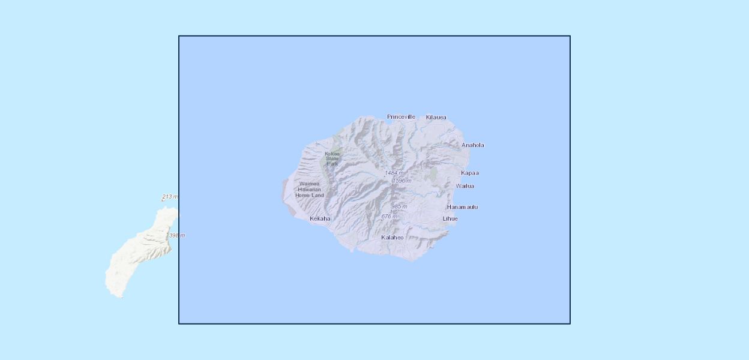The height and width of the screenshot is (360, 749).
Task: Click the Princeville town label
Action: [x=401, y=117]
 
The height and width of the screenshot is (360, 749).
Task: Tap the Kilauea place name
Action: [x=436, y=118]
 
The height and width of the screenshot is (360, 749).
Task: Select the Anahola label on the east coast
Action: [x=472, y=145]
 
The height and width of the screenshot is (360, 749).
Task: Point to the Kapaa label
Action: [x=469, y=173]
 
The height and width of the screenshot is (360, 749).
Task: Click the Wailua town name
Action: [x=465, y=186]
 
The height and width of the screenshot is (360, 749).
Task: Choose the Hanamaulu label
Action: [x=462, y=207]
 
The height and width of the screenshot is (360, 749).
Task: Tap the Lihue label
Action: [x=450, y=219]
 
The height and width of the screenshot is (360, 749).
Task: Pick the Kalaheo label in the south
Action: [x=392, y=238]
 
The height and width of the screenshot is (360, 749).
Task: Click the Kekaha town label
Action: [x=320, y=219]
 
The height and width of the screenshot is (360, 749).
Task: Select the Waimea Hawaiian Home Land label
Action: [x=310, y=190]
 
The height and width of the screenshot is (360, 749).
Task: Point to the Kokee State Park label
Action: [x=332, y=159]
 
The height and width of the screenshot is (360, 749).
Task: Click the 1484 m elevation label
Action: [x=394, y=173]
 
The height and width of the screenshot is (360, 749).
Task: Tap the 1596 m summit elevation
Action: [x=402, y=181]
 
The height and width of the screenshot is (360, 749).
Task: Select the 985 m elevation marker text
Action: [x=399, y=206]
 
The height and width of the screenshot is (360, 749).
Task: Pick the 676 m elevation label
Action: [x=390, y=216]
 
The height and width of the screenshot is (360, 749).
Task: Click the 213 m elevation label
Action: [x=170, y=197]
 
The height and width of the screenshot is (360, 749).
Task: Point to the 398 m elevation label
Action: [x=176, y=236]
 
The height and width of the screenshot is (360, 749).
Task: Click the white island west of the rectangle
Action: [x=138, y=258]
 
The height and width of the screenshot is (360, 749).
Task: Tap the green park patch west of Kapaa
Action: [x=432, y=175]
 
